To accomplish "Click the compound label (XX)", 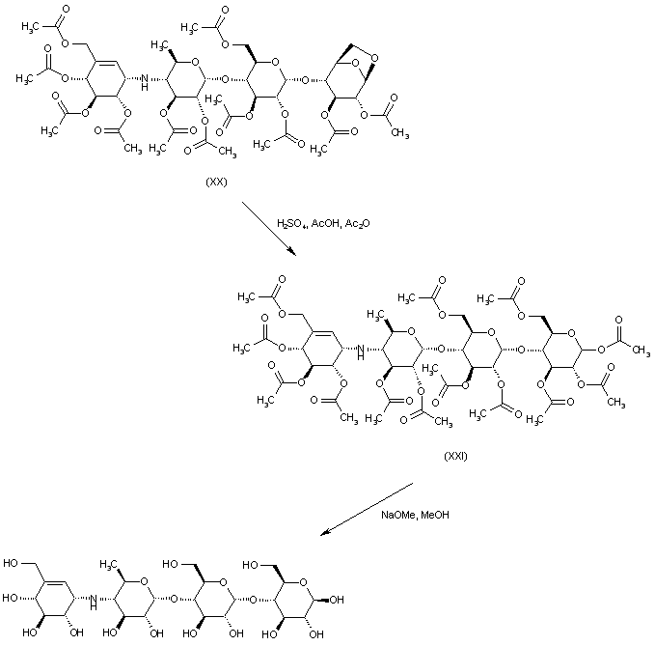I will point(216,182).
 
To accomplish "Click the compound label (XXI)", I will point(454,455).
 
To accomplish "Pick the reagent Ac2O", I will point(358,223).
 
